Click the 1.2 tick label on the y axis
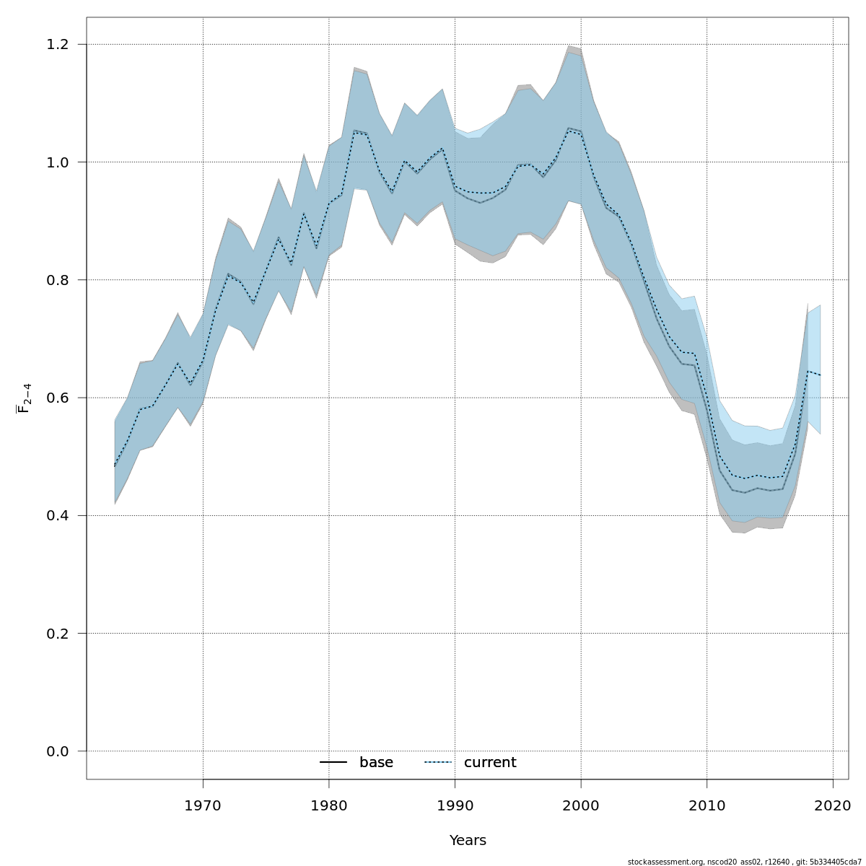(x=58, y=45)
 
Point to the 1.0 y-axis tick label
(x=58, y=162)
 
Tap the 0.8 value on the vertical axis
(x=58, y=280)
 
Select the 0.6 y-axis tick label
(x=58, y=398)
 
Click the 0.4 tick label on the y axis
(x=58, y=516)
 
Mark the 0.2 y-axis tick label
(x=58, y=634)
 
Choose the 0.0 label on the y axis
(x=58, y=751)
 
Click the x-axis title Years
(x=468, y=841)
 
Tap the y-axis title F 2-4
(x=24, y=398)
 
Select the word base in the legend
(x=376, y=763)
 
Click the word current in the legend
(x=490, y=763)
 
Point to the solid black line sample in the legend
(x=333, y=763)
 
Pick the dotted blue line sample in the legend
(x=437, y=763)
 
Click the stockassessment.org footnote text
(x=744, y=862)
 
